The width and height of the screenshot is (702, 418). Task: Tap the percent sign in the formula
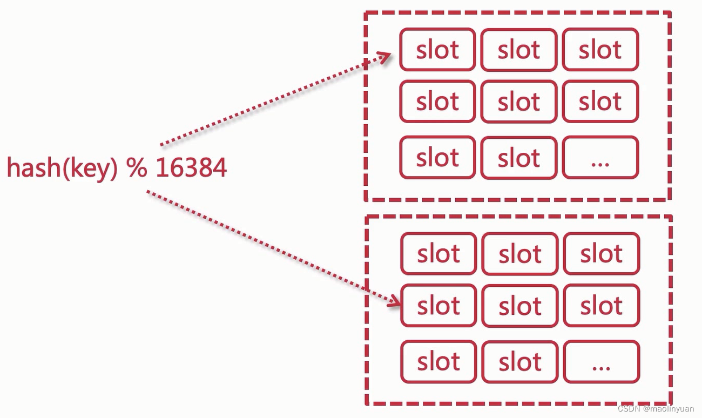(137, 168)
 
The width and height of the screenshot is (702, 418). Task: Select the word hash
(31, 168)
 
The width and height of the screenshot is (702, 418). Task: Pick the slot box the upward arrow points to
(437, 50)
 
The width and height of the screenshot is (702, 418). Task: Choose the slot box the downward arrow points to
(438, 306)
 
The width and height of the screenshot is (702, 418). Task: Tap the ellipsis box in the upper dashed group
(600, 158)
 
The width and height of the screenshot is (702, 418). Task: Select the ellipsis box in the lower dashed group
(602, 361)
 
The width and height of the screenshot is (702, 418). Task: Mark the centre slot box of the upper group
(518, 102)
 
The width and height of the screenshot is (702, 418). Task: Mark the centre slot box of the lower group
(519, 306)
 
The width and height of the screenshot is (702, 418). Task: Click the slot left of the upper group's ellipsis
(518, 158)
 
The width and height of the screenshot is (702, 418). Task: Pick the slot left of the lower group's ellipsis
(519, 361)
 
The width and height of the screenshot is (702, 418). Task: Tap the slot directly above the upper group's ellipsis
(600, 102)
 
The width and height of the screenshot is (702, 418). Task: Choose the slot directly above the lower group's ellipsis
(602, 306)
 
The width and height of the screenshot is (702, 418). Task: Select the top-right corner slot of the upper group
(600, 50)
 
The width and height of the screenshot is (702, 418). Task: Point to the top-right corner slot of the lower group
(602, 253)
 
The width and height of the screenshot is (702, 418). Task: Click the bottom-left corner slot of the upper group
(437, 158)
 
